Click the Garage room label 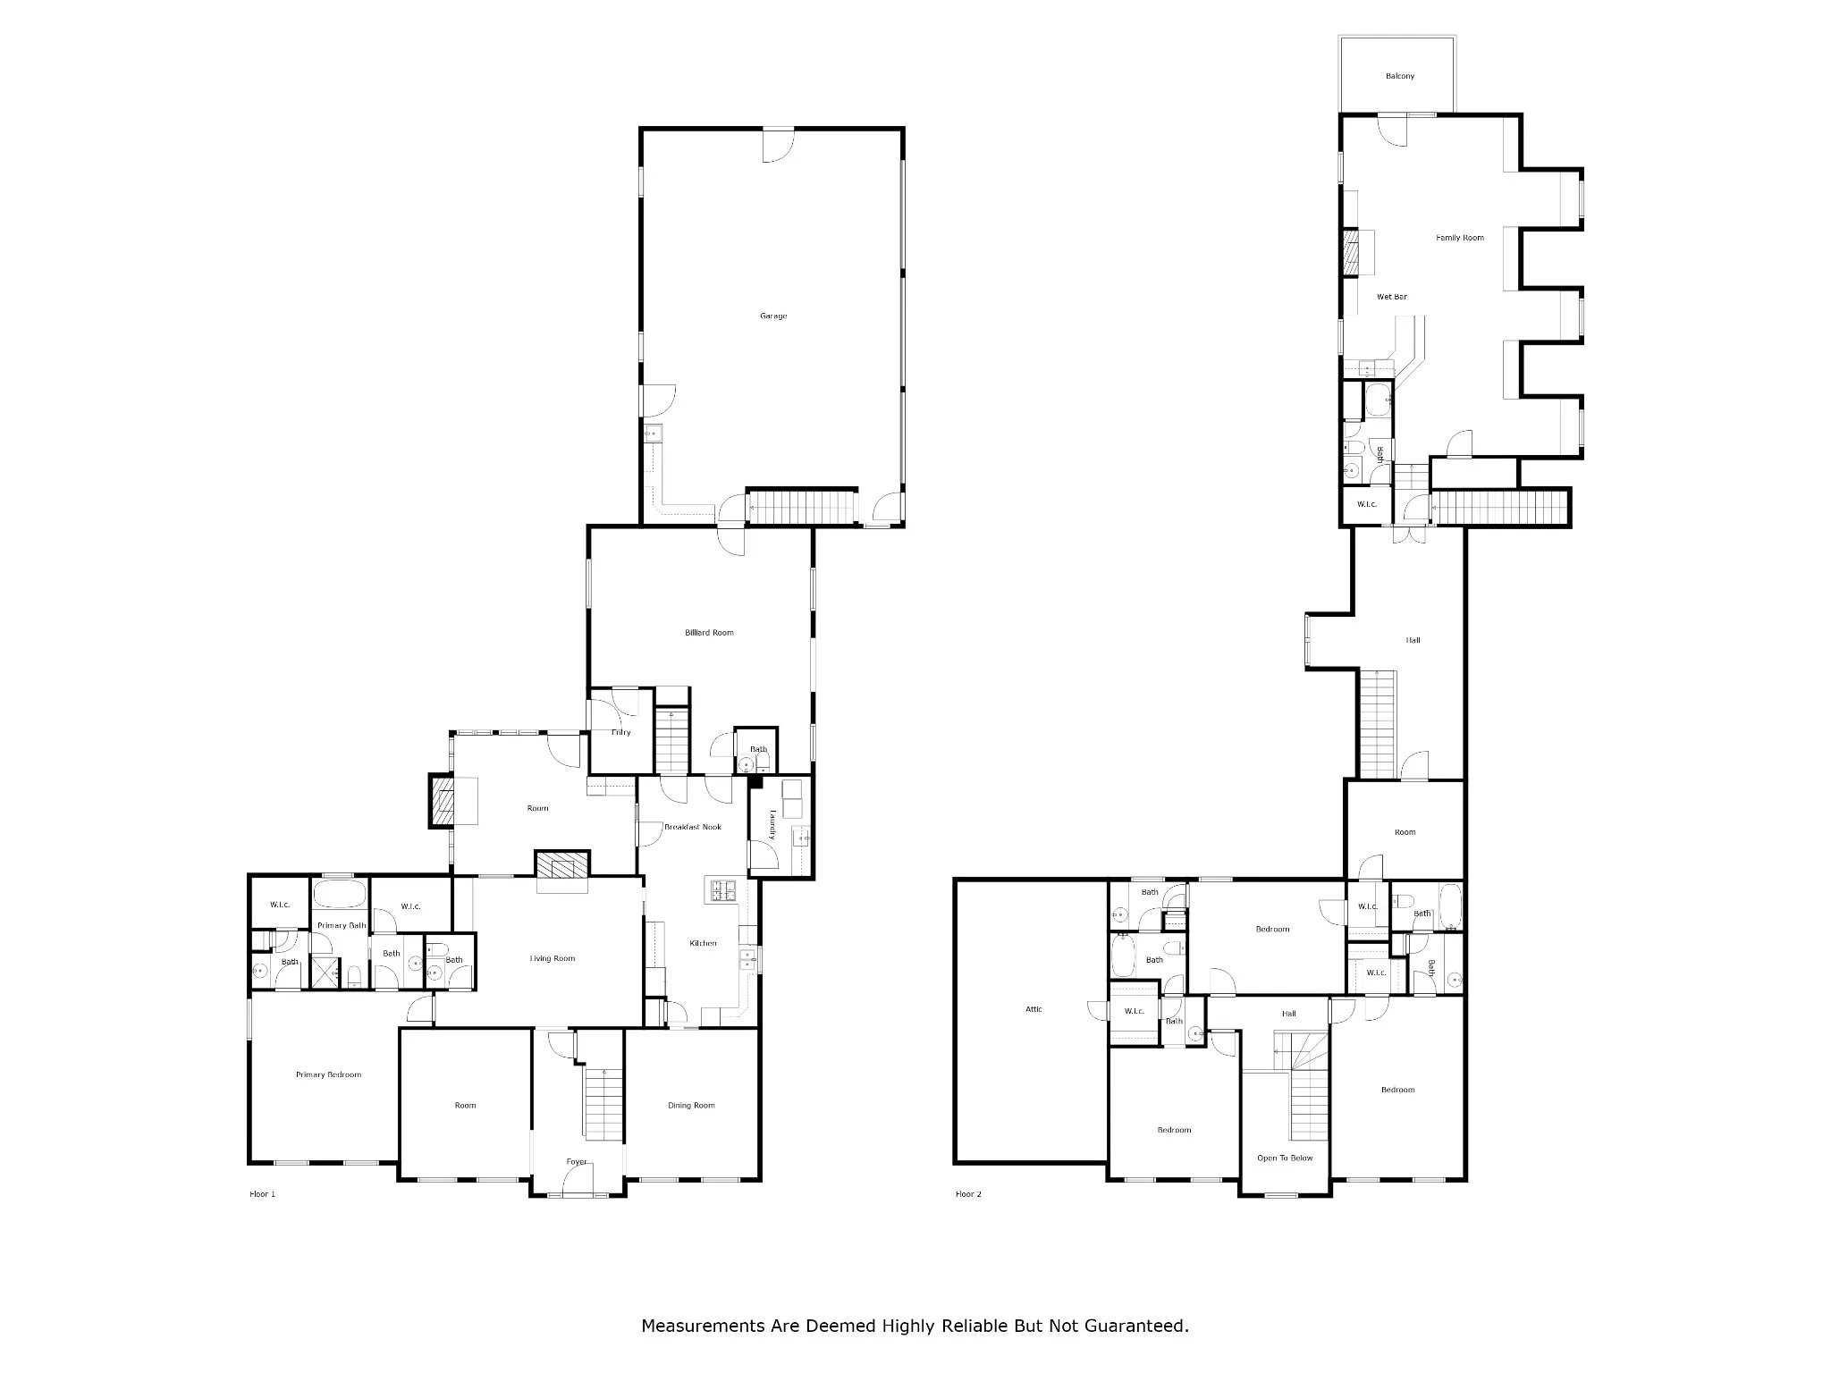[773, 316]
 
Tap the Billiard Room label [709, 632]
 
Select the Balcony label [1400, 76]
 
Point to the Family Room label [1460, 238]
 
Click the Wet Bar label [1392, 297]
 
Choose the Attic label [1034, 1009]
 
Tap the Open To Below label [1285, 1158]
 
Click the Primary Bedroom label [328, 1074]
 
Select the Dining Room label [691, 1105]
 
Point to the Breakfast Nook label [692, 827]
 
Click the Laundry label [772, 825]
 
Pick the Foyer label [577, 1162]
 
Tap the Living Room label [552, 958]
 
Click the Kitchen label [703, 943]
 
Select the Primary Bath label [342, 925]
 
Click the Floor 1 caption [262, 1194]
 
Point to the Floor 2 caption [968, 1194]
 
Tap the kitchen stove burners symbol [722, 889]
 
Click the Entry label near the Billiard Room [620, 732]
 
